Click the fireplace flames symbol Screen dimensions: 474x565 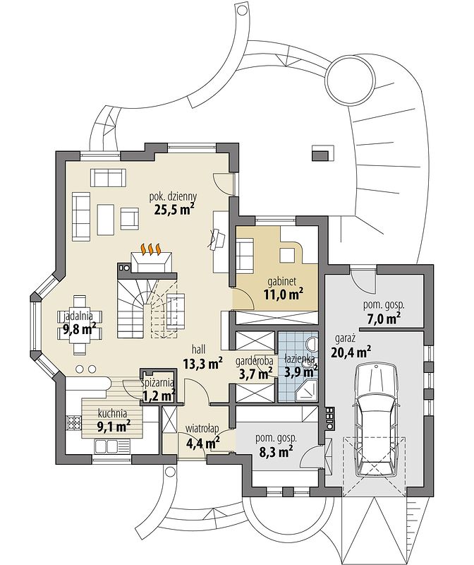(x=151, y=249)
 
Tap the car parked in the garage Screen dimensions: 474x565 (x=377, y=420)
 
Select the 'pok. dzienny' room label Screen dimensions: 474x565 (x=173, y=197)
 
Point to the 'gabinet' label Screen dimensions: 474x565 (x=282, y=281)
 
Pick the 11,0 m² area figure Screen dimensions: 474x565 (x=283, y=294)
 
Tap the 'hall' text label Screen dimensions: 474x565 (x=199, y=349)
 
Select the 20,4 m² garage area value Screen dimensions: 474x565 (x=351, y=352)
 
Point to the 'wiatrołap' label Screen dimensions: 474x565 (x=202, y=429)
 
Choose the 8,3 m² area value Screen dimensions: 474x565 (x=276, y=451)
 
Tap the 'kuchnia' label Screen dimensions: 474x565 (x=112, y=414)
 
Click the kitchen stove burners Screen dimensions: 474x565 (x=73, y=423)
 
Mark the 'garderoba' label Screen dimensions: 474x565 (x=254, y=360)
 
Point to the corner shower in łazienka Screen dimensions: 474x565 (x=308, y=391)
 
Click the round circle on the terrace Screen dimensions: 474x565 (x=349, y=79)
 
